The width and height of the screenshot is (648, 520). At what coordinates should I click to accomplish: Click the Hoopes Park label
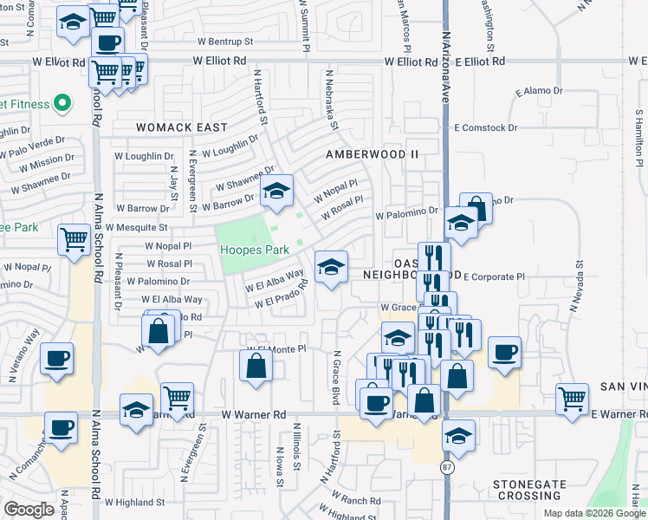254,250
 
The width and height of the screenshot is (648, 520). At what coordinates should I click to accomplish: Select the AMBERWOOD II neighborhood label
372,154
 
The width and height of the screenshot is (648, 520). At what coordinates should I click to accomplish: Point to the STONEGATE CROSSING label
528,490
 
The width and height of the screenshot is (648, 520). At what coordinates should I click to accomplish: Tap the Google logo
29,509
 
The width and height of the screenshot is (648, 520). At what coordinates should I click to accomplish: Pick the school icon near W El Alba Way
331,268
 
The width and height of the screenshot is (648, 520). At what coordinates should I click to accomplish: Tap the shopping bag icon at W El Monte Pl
256,365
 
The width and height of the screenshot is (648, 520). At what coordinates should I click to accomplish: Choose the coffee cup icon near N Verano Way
57,358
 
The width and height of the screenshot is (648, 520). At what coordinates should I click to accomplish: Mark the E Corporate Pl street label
495,277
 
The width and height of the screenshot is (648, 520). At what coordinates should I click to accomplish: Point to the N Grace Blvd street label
335,376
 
